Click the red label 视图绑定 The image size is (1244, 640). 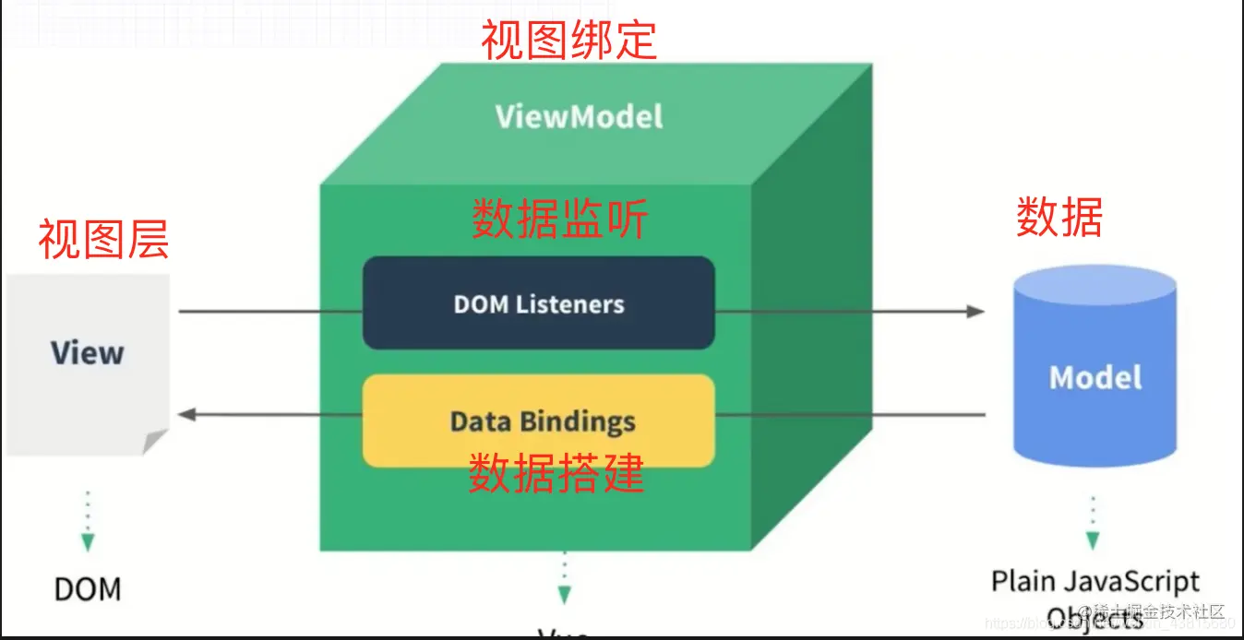(x=569, y=41)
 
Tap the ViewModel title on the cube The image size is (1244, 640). (x=579, y=116)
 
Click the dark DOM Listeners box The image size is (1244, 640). (x=538, y=303)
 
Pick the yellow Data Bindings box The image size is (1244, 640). (x=539, y=421)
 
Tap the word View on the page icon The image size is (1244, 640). (x=87, y=352)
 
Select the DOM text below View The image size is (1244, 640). (x=88, y=588)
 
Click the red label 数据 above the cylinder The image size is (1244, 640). (x=1059, y=219)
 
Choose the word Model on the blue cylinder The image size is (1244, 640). (x=1095, y=377)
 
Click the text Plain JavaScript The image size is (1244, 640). (x=1095, y=582)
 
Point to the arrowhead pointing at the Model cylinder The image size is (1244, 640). (x=976, y=312)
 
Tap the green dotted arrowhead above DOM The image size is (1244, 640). (x=88, y=542)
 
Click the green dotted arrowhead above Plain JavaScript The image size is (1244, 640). (x=1093, y=540)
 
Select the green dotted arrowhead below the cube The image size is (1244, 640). (x=564, y=595)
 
